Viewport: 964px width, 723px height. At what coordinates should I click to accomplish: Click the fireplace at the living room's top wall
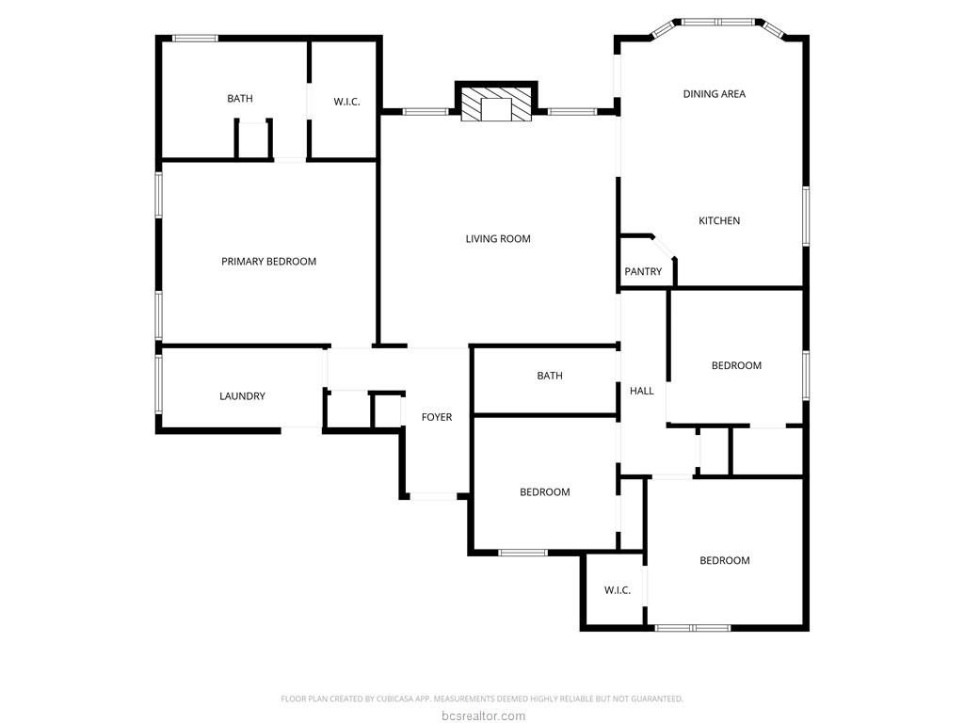[496, 101]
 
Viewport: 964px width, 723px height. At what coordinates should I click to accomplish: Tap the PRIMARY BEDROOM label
[268, 262]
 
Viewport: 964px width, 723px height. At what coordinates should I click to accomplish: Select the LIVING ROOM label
[498, 238]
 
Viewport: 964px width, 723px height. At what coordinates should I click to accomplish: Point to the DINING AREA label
[715, 94]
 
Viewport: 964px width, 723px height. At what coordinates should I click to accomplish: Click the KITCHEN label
[719, 220]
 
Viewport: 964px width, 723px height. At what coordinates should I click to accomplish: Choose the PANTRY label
[643, 271]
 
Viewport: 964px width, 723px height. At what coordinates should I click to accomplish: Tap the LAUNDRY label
[242, 396]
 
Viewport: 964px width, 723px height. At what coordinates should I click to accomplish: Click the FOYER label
[437, 417]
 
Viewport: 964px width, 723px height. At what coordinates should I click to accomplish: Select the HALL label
[642, 391]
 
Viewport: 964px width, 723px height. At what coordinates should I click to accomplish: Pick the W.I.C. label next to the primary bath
[346, 102]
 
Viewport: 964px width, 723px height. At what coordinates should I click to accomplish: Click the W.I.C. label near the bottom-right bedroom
[618, 590]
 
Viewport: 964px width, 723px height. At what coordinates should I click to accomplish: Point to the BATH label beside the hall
[550, 376]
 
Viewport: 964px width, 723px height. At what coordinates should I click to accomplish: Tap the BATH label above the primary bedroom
[240, 98]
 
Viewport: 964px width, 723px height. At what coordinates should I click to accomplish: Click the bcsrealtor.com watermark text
[483, 715]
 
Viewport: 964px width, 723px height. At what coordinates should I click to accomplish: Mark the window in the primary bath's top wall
[195, 38]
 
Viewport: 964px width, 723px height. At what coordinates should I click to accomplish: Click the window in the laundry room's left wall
[158, 384]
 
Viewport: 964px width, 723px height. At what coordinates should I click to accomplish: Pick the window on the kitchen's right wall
[806, 217]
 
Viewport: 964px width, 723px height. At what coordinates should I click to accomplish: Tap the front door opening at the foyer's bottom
[433, 495]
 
